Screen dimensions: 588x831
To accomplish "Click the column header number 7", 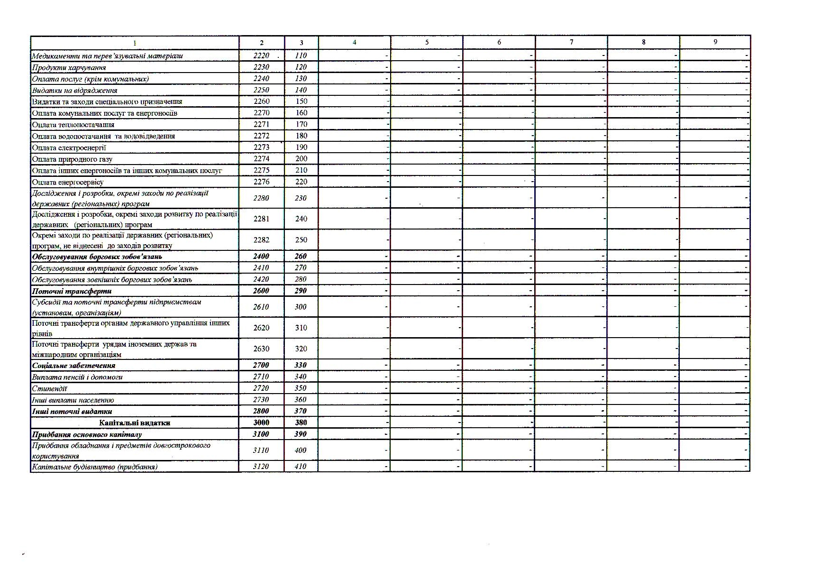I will [571, 42].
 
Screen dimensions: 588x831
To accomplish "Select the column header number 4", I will [355, 42].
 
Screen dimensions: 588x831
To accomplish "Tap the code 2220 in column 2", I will [261, 55].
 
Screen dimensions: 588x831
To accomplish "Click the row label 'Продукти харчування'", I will [69, 67].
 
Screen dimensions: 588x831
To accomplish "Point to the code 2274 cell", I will [261, 159].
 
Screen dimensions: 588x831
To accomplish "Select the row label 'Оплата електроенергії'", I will [69, 147].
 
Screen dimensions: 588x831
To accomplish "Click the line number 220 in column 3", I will [301, 182].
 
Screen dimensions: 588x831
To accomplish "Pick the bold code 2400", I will [261, 256].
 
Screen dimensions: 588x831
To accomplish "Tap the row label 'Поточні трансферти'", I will [72, 291].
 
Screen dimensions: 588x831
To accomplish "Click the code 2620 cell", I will [261, 328].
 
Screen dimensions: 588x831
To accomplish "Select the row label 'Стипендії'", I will [49, 388].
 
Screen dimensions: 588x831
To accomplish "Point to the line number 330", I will [301, 365].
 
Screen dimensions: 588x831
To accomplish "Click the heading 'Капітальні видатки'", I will [135, 423].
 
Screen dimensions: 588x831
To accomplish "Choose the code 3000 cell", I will [261, 423].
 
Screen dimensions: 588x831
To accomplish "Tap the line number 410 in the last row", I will [301, 467].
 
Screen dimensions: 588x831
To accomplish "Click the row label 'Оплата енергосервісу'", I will [67, 182].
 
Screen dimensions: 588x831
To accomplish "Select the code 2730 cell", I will [261, 400].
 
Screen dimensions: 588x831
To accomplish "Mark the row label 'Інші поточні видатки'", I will [72, 412].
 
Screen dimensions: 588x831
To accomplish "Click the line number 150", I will [301, 101].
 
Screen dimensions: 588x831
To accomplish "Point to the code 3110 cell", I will [261, 450].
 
